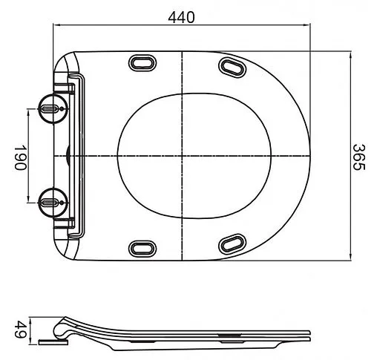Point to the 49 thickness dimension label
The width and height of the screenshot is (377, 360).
21,327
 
